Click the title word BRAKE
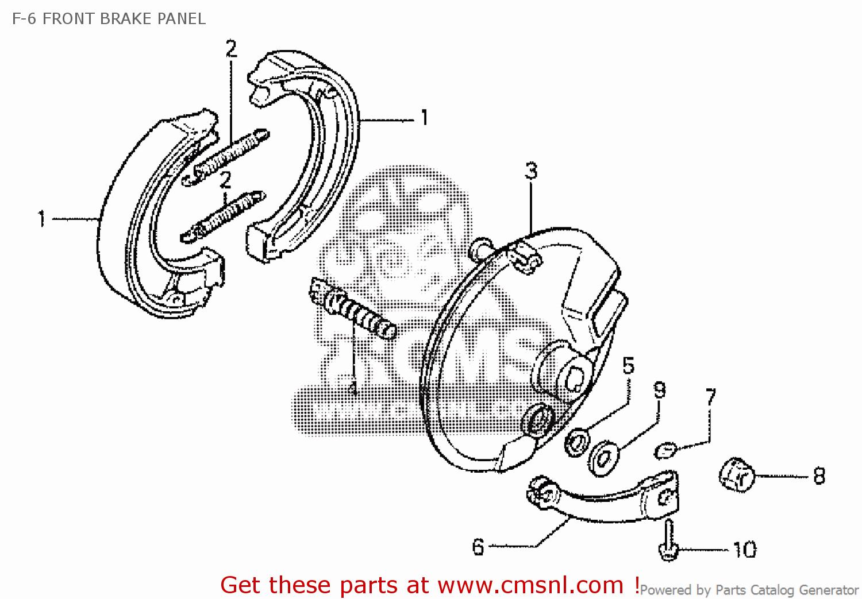click(126, 19)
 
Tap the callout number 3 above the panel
click(531, 171)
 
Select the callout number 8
click(819, 476)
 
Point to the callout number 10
click(745, 550)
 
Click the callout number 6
click(478, 547)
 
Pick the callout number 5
click(628, 366)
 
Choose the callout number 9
click(660, 390)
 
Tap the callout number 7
click(711, 397)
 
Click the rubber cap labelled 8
click(736, 474)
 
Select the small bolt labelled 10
click(668, 540)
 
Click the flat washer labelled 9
click(603, 458)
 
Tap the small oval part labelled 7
click(665, 450)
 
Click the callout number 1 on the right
click(424, 118)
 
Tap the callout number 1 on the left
click(41, 218)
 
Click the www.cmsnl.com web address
click(530, 585)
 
